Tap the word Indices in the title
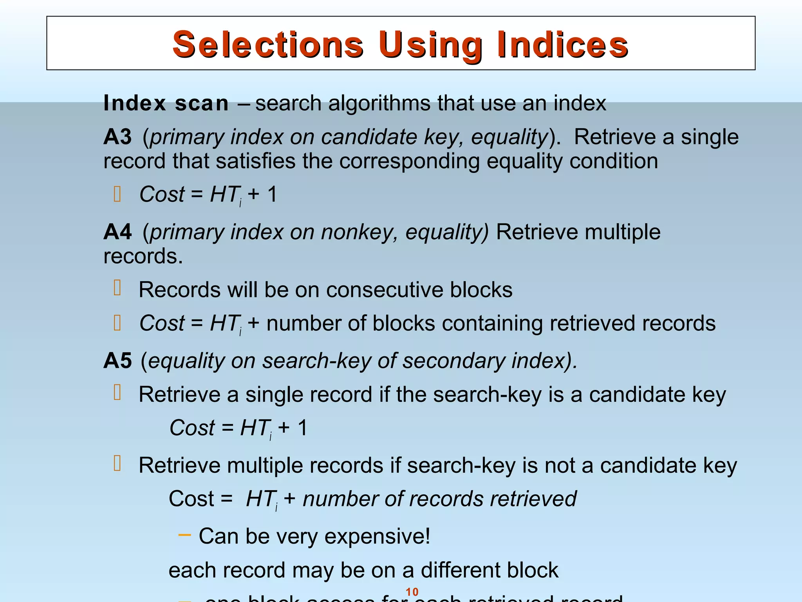tap(563, 44)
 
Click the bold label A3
tap(117, 137)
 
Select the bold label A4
tap(117, 232)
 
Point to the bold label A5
tap(117, 361)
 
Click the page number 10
tap(412, 592)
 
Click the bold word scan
tap(202, 103)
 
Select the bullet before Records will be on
tap(117, 288)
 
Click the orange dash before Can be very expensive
tap(184, 535)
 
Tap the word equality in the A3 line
tap(509, 137)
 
